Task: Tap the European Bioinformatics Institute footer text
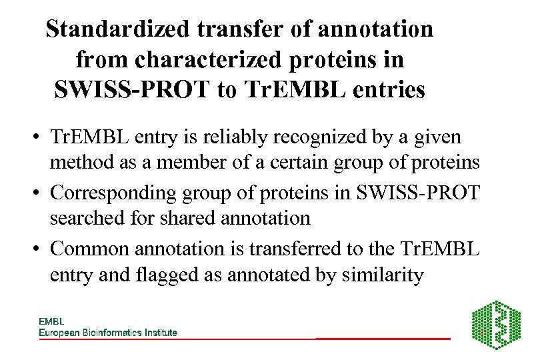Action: (107, 332)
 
